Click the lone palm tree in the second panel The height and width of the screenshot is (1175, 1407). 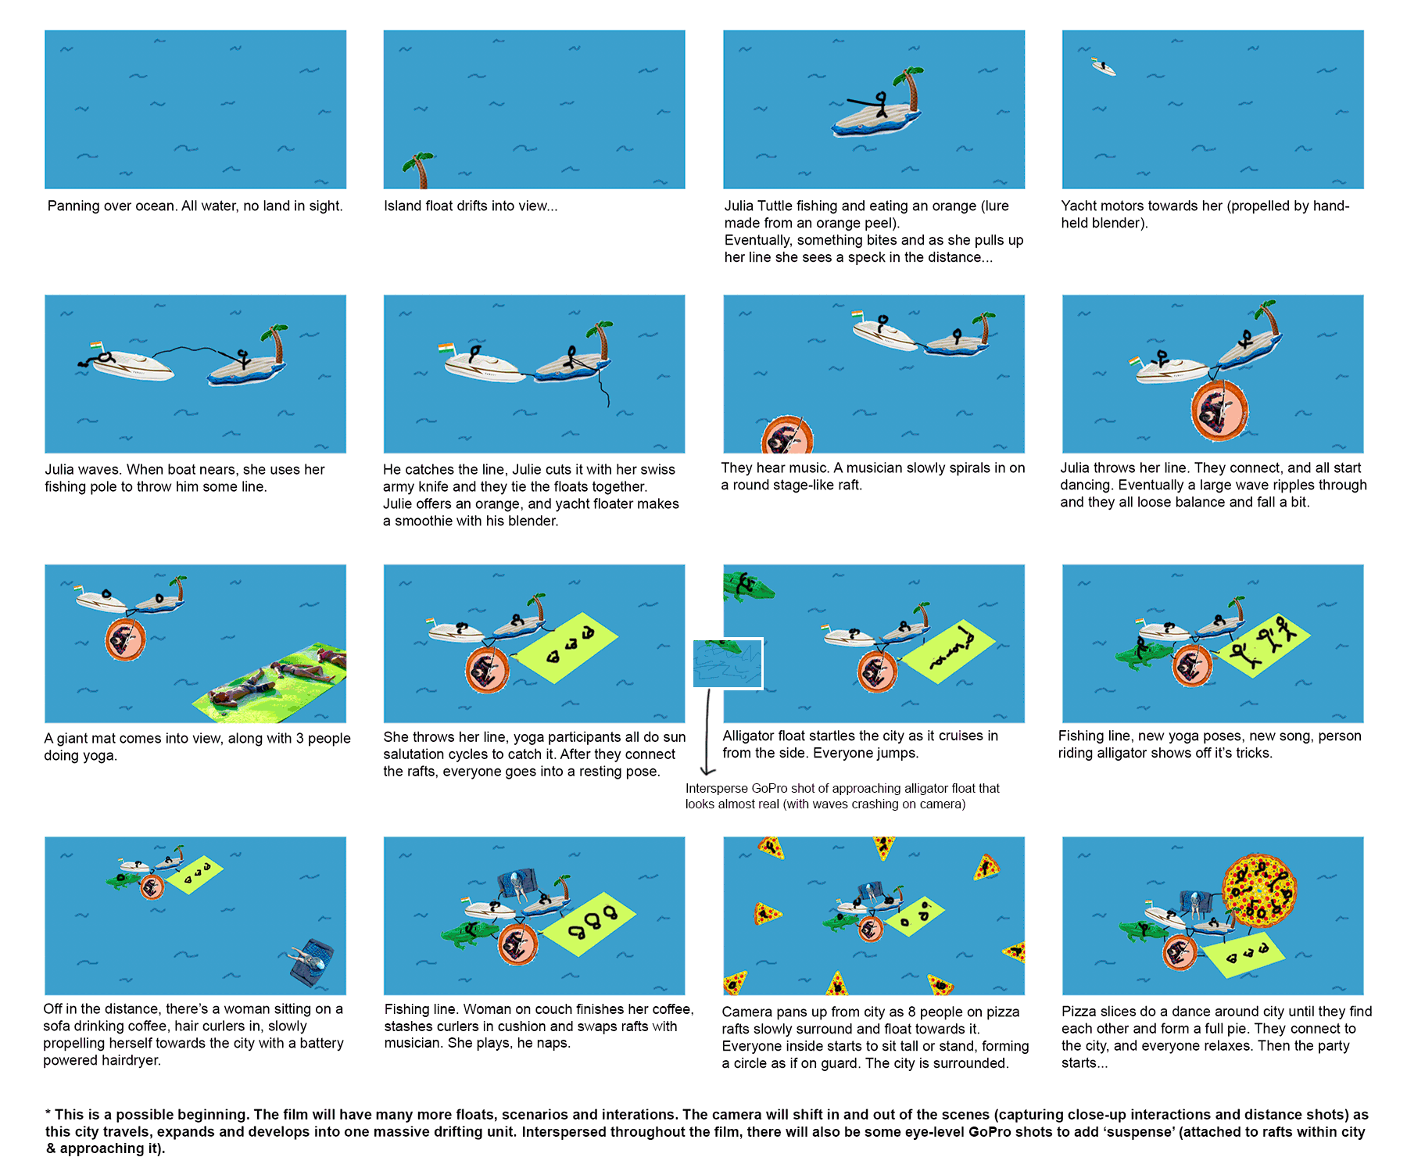[x=419, y=170]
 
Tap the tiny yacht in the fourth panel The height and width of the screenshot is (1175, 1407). [x=1104, y=67]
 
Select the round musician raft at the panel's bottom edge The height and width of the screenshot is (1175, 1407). [x=787, y=435]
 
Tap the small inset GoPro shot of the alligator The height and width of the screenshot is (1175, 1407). [x=728, y=664]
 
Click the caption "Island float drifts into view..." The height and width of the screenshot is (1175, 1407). [x=471, y=206]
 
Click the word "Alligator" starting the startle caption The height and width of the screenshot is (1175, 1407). [x=751, y=736]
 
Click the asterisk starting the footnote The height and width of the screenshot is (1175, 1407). [x=48, y=1113]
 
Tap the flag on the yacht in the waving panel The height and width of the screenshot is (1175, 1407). [x=96, y=346]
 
